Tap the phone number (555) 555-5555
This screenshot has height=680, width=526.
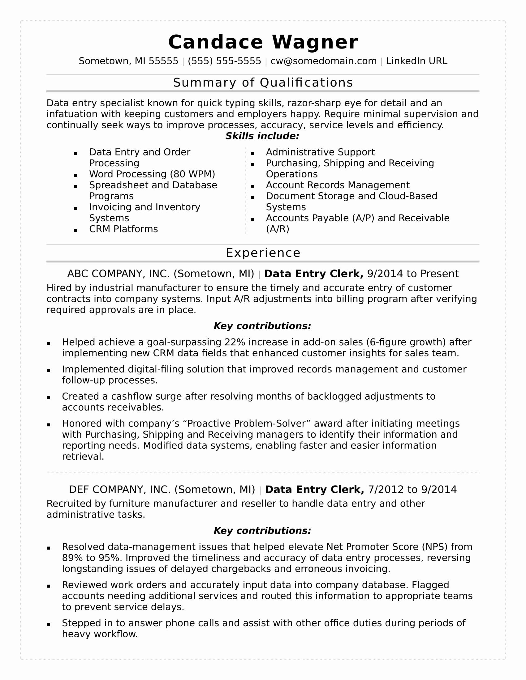pyautogui.click(x=224, y=61)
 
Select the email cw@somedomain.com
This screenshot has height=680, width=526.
pyautogui.click(x=323, y=61)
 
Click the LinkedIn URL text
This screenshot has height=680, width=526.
pyautogui.click(x=417, y=61)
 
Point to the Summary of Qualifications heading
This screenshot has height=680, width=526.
pyautogui.click(x=263, y=83)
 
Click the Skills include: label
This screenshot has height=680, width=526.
pyautogui.click(x=262, y=136)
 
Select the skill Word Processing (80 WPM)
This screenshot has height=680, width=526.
pyautogui.click(x=152, y=174)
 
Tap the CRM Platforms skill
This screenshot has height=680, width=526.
pyautogui.click(x=123, y=229)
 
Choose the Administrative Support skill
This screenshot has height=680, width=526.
pyautogui.click(x=320, y=152)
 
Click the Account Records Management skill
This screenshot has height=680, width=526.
pyautogui.click(x=338, y=185)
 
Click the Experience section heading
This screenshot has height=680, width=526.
pyautogui.click(x=263, y=253)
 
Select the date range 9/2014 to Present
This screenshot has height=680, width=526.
pyautogui.click(x=412, y=274)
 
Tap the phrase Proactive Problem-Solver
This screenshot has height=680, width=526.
pyautogui.click(x=246, y=424)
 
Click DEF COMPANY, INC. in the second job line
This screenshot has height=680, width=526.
pyautogui.click(x=120, y=490)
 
